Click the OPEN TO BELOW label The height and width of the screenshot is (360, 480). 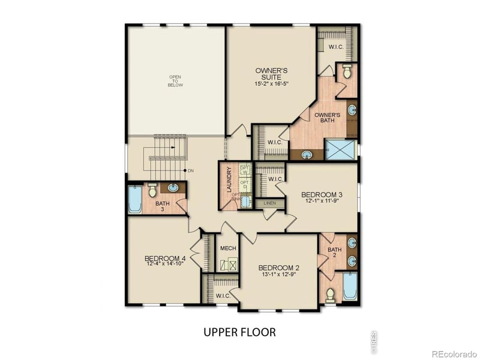tap(175, 81)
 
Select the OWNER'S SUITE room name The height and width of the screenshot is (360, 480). tap(271, 74)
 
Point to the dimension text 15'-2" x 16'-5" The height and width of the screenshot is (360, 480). tap(271, 84)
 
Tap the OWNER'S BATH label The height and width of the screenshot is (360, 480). tap(328, 117)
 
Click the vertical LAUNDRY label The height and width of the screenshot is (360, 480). tap(229, 182)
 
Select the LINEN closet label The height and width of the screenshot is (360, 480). tap(269, 204)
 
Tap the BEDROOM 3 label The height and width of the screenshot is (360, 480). tap(322, 194)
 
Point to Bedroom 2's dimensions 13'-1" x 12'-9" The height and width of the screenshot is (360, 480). tap(278, 275)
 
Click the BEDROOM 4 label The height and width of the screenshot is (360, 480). tap(165, 259)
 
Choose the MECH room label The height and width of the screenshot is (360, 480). tap(227, 248)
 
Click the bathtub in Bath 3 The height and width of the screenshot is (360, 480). tap(134, 200)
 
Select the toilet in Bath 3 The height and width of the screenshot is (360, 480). tap(152, 190)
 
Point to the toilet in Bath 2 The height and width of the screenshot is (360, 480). tap(330, 295)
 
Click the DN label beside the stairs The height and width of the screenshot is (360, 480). tap(191, 171)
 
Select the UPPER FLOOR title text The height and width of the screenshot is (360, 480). tap(239, 331)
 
